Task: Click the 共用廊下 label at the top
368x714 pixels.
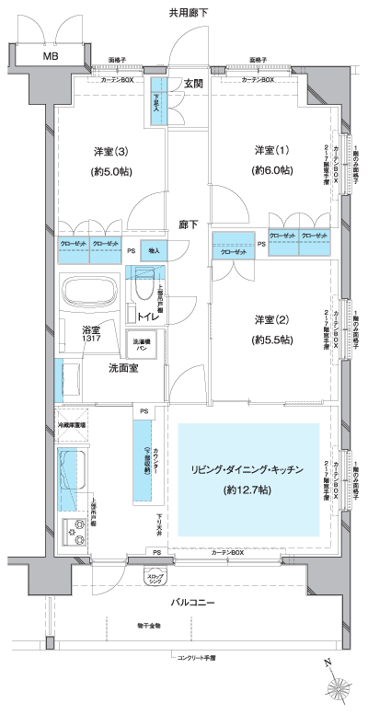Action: point(188,13)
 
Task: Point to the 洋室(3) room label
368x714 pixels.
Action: point(109,151)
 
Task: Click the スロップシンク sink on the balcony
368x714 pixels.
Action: point(158,576)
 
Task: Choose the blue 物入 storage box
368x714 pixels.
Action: point(155,250)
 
